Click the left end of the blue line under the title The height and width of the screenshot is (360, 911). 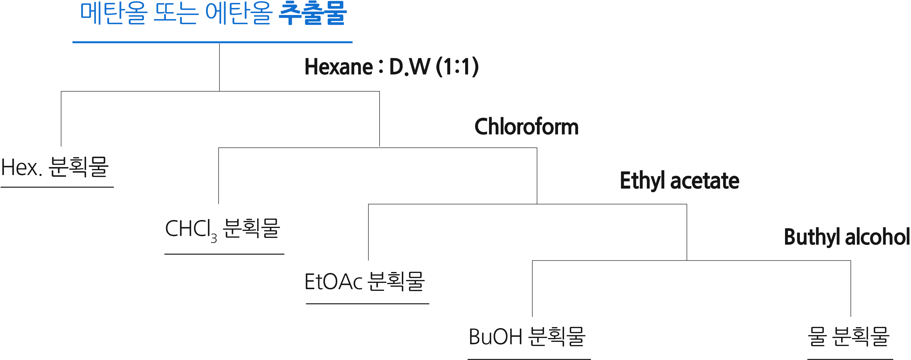click(73, 42)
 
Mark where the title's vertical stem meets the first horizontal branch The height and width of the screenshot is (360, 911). click(220, 91)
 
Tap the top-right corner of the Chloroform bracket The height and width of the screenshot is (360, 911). click(537, 148)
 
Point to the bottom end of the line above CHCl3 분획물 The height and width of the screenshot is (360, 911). click(219, 204)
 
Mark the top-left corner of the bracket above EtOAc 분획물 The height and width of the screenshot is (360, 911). click(368, 204)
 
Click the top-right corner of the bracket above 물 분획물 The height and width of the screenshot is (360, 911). click(851, 261)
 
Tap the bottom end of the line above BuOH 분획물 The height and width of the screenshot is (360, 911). click(532, 316)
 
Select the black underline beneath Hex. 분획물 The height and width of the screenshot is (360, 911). click(57, 187)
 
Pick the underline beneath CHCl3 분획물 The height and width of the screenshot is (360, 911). click(224, 254)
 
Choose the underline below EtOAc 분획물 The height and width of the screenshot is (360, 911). click(367, 303)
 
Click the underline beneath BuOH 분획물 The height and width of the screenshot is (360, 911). click(529, 359)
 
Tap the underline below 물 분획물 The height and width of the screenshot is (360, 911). click(850, 359)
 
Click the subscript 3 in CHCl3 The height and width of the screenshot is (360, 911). click(214, 239)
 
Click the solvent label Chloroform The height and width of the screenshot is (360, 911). click(527, 127)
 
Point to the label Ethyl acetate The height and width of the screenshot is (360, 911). click(679, 181)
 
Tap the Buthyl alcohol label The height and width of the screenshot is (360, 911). click(847, 237)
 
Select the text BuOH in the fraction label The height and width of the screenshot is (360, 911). click(495, 337)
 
